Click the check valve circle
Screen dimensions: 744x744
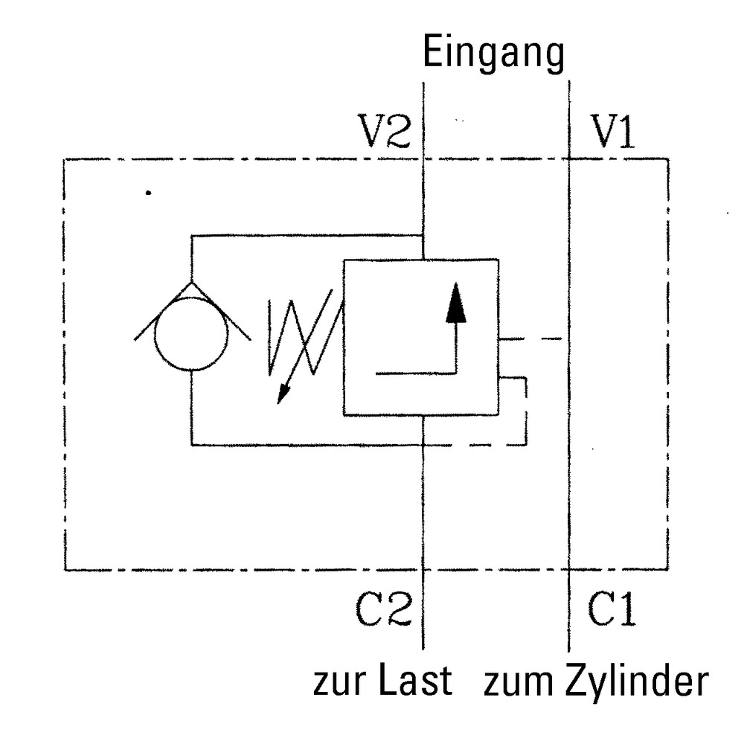point(191,333)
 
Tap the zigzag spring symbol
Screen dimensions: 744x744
point(301,335)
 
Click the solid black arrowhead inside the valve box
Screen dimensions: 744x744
point(456,306)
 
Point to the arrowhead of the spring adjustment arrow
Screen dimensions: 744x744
point(282,395)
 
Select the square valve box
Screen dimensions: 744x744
point(420,336)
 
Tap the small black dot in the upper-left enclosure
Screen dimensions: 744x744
point(149,193)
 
